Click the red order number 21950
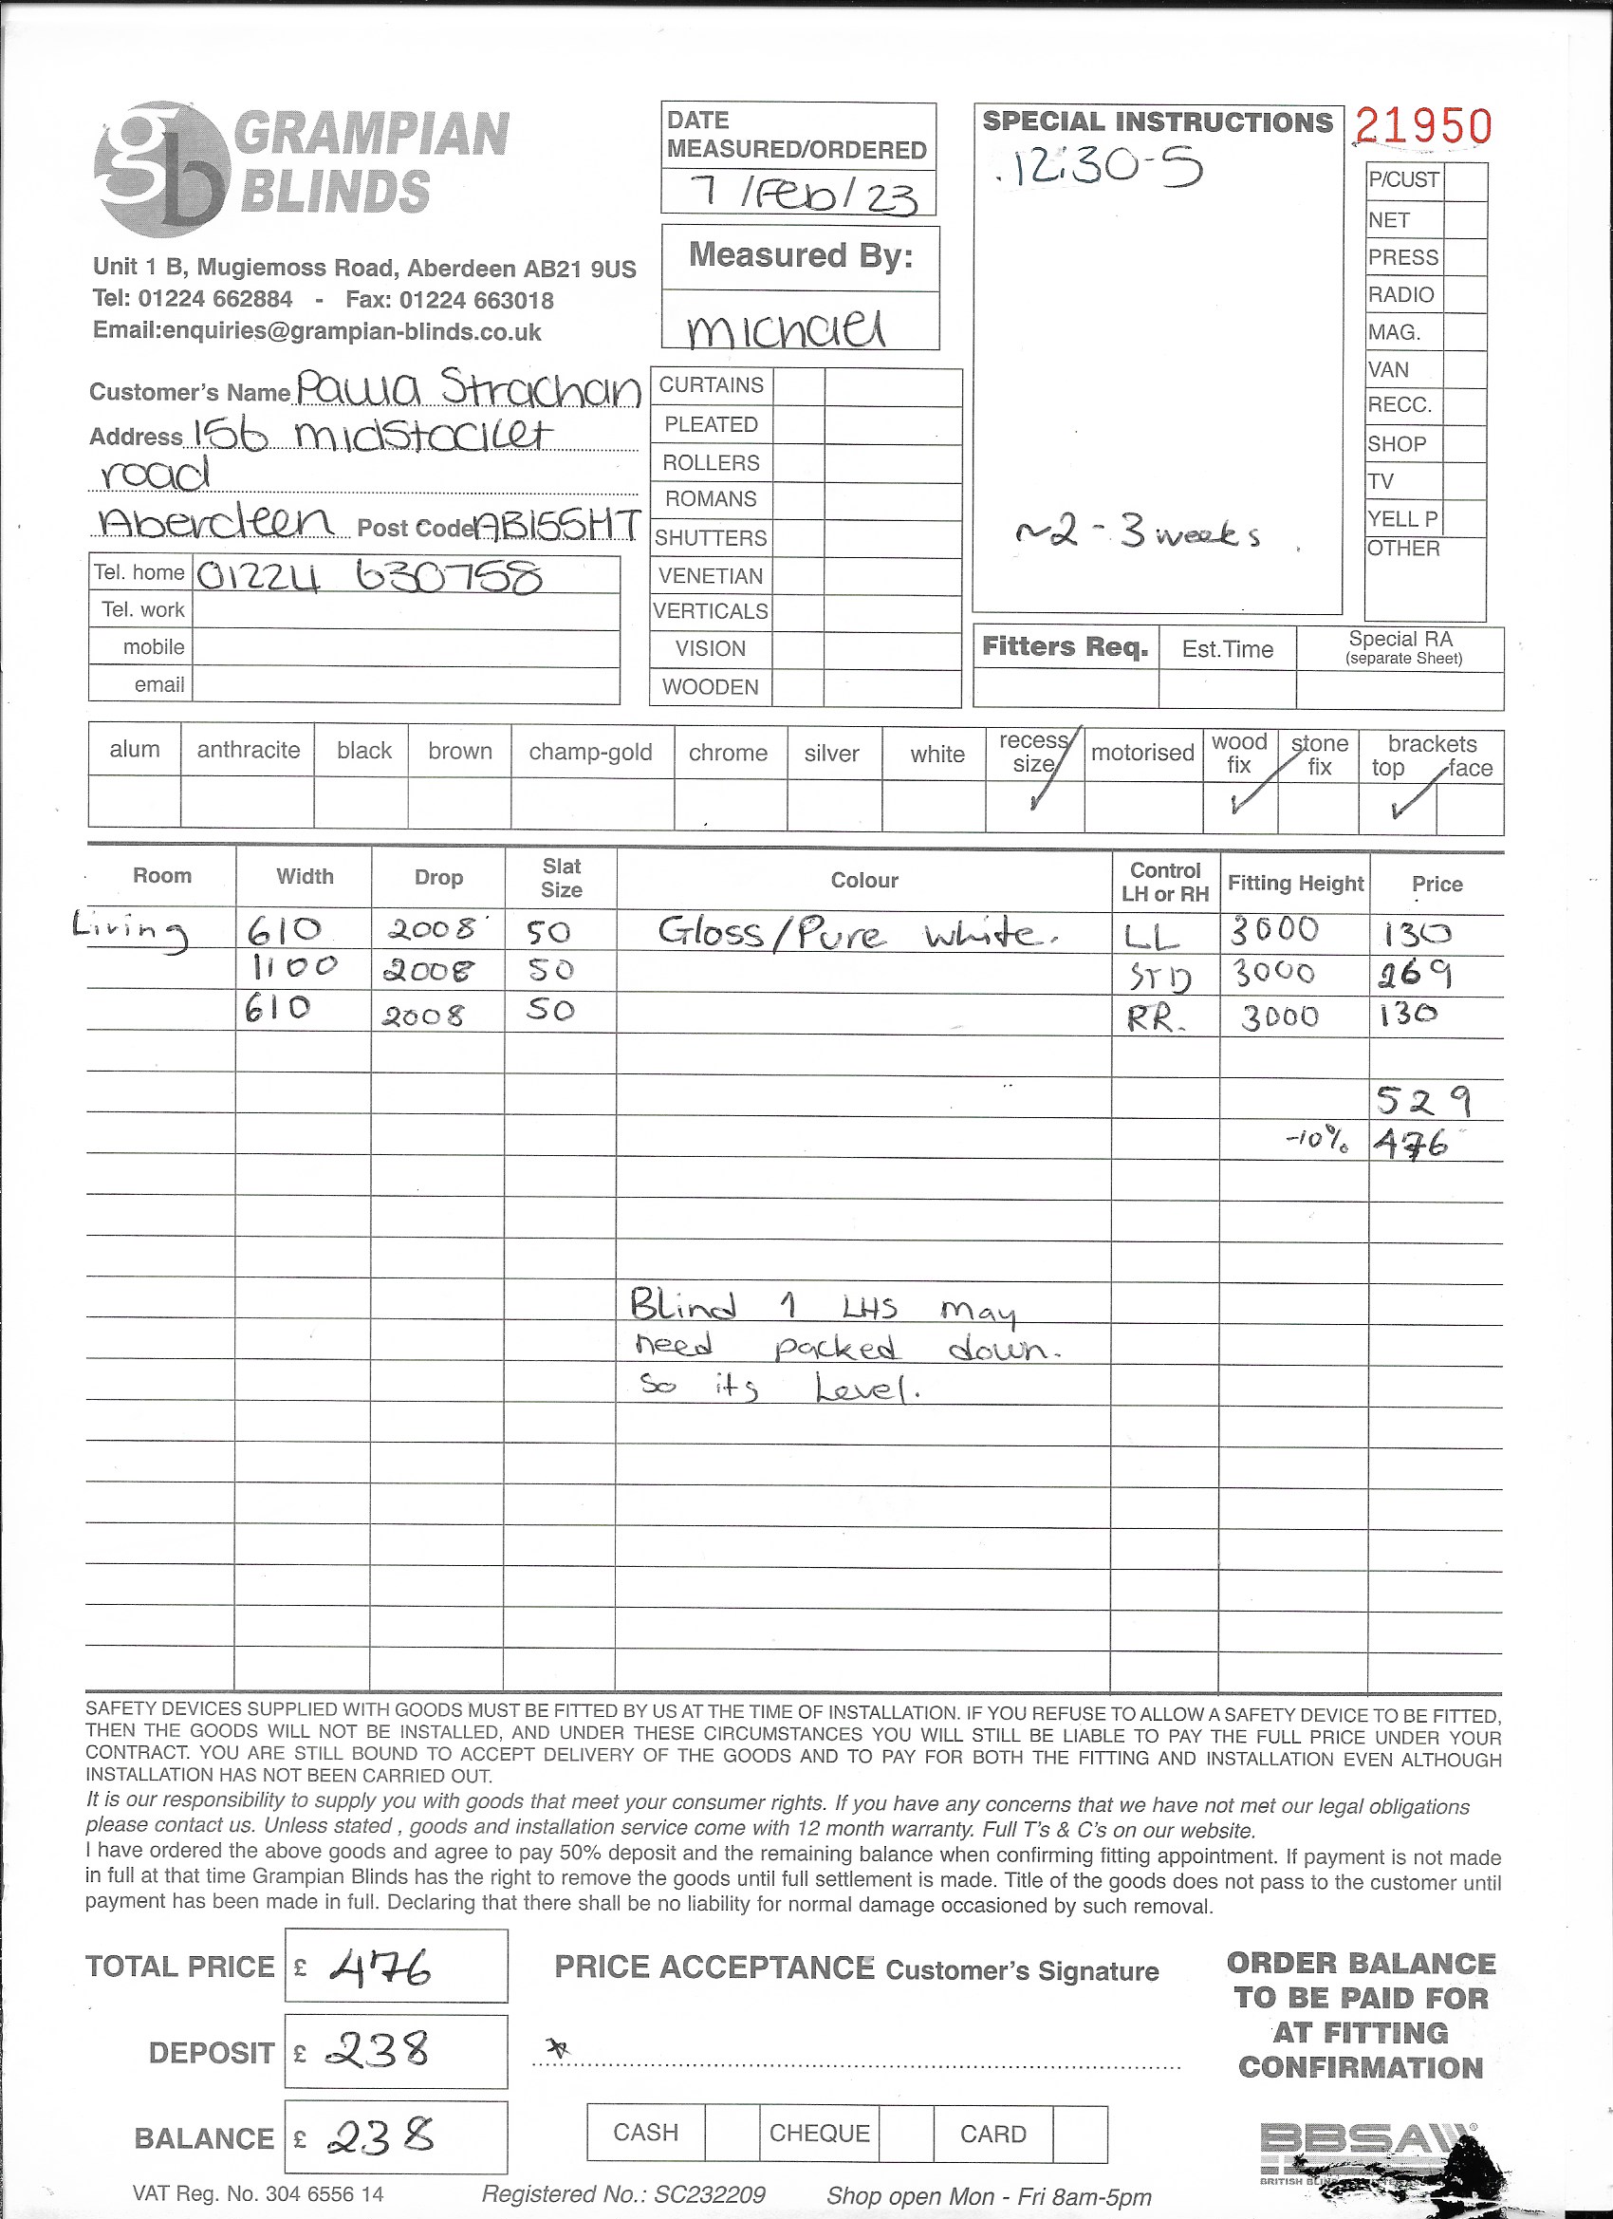(1423, 126)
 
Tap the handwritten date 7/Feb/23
(802, 194)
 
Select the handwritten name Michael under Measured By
(787, 328)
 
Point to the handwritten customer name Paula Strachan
(468, 388)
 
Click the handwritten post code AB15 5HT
(558, 527)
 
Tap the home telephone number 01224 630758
(369, 576)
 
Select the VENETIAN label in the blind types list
(711, 575)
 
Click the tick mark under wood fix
(1240, 803)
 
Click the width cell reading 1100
(294, 969)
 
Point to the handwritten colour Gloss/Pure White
(856, 932)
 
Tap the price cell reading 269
(1416, 974)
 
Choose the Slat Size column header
(562, 878)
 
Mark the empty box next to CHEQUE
(905, 2133)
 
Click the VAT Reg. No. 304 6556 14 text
(258, 2193)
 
